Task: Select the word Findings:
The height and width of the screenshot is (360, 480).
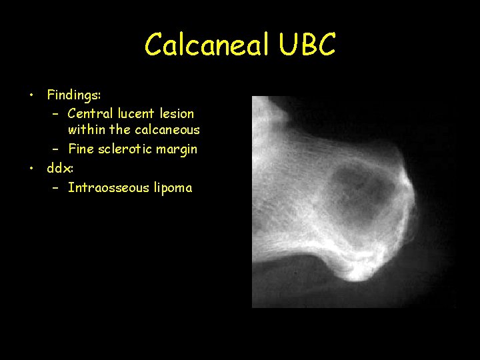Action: (73, 95)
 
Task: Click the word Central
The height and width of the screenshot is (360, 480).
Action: (89, 114)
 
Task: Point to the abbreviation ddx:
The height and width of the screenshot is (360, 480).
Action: (60, 167)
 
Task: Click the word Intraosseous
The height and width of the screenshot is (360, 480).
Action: (109, 187)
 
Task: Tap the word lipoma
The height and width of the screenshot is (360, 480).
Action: (173, 188)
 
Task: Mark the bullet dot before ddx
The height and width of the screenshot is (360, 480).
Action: (31, 167)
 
